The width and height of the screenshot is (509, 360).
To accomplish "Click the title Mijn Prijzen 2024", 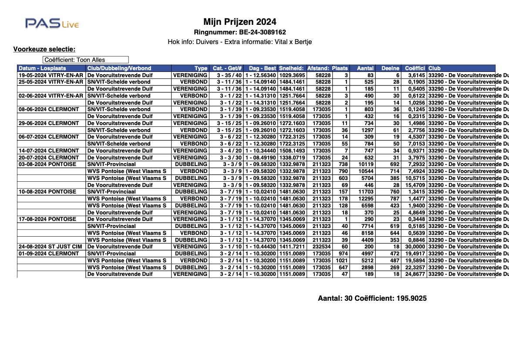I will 240,22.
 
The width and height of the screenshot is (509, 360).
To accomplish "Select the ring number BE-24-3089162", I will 240,32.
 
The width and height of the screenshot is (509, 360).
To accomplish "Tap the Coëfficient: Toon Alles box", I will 86,60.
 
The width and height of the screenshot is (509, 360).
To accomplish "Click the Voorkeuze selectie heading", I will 44,49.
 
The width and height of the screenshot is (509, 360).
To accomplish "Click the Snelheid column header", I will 292,68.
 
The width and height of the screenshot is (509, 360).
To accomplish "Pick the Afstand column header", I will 318,68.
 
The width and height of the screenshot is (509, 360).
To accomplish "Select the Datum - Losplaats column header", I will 42,68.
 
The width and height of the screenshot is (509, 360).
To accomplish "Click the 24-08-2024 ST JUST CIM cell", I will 51,247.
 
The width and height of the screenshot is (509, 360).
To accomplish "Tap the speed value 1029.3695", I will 292,75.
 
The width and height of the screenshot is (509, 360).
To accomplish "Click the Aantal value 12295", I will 365,199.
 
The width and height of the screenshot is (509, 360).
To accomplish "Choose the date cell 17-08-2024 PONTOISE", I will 47,219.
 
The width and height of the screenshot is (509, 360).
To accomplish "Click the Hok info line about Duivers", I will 240,42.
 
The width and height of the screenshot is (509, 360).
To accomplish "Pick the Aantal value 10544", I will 365,171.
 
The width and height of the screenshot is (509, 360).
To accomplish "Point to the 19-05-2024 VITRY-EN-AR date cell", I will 51,75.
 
